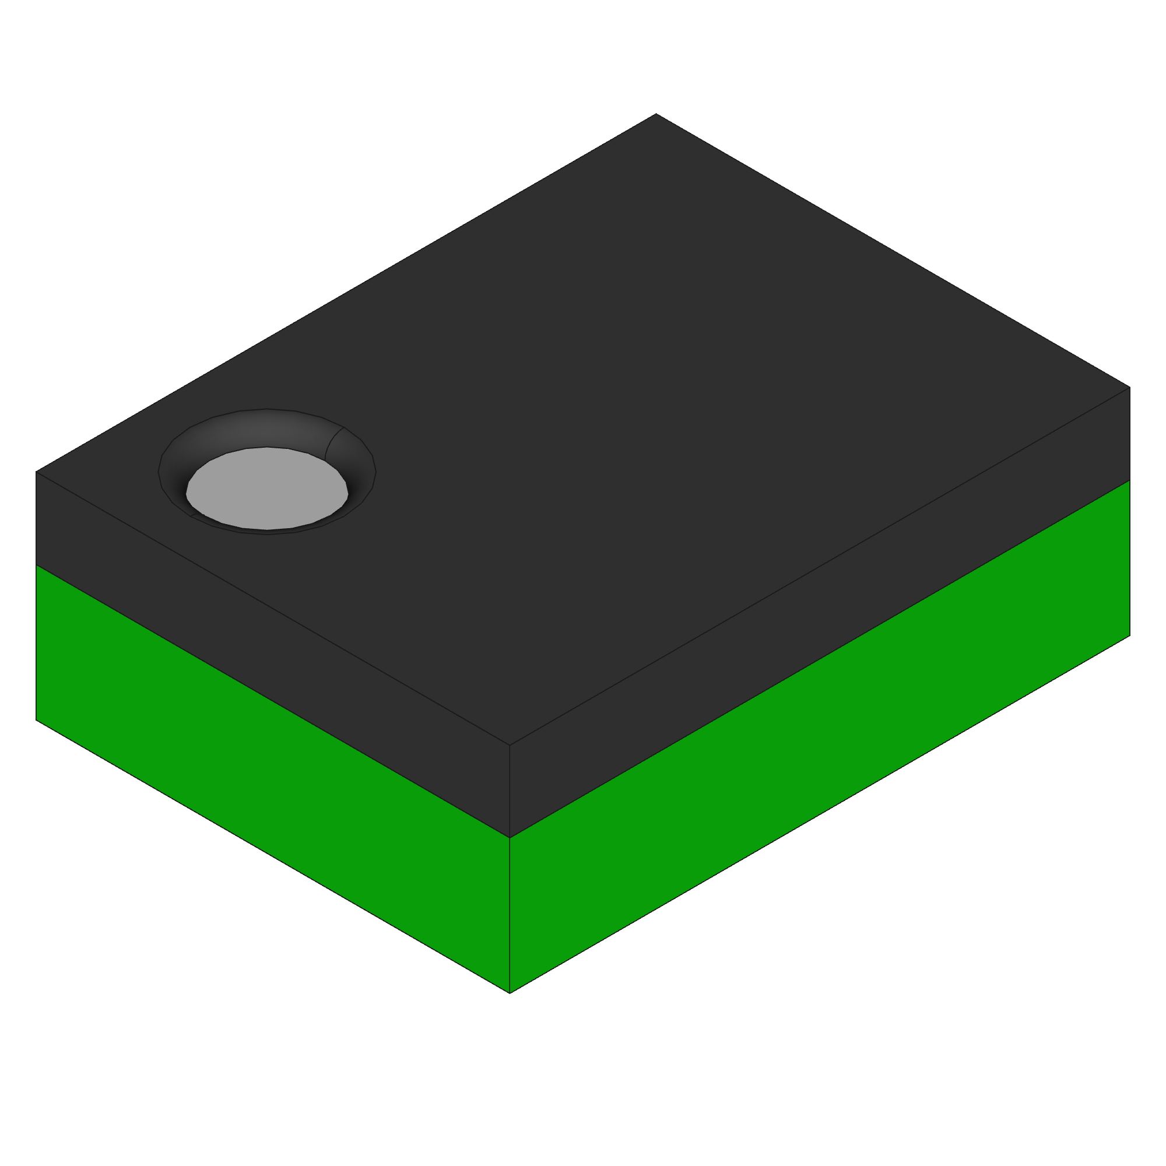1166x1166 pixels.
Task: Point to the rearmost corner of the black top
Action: pos(656,114)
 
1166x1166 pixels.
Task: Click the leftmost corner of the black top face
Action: pos(36,471)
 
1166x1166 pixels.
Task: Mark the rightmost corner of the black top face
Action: pos(1130,387)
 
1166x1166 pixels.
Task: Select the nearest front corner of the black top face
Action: pos(510,744)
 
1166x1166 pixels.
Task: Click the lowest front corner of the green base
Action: pos(510,993)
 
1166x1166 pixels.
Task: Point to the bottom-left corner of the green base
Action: pos(36,720)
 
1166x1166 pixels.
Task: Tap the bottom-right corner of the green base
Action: pos(1130,635)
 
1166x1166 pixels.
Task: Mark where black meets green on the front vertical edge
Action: pos(510,838)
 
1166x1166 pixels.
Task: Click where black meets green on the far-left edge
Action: pos(36,566)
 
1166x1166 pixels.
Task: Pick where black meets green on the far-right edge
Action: pos(1130,480)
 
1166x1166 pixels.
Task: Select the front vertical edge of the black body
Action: pos(510,791)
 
